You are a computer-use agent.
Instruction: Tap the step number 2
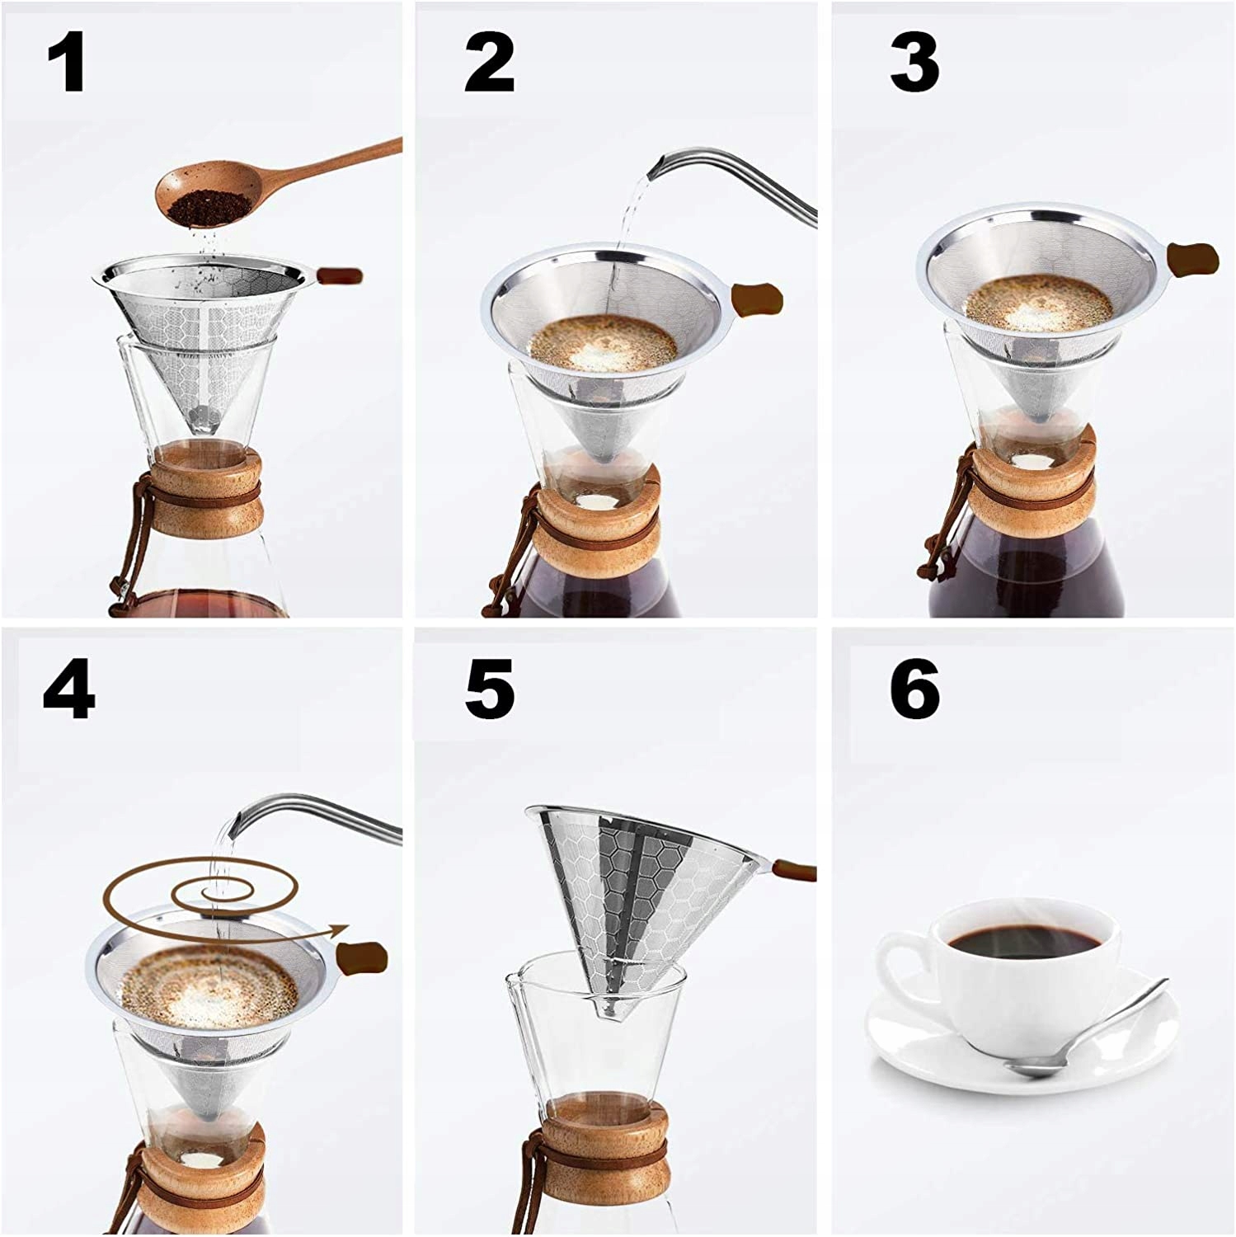pyautogui.click(x=489, y=64)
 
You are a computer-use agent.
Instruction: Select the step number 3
pyautogui.click(x=914, y=64)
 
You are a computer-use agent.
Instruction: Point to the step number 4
pyautogui.click(x=69, y=690)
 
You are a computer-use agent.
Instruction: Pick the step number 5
pyautogui.click(x=490, y=690)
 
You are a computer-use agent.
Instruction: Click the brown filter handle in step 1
pyautogui.click(x=337, y=274)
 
